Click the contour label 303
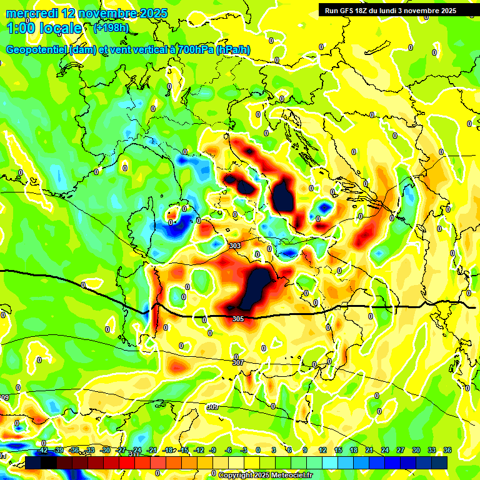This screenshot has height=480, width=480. coord(235,246)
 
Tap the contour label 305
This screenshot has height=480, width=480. coord(237,319)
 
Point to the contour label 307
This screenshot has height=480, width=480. coord(237,362)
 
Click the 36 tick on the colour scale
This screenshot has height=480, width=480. coord(447,451)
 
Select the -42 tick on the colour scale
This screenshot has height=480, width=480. coord(43,451)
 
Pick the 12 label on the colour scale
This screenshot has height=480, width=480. coord(322,451)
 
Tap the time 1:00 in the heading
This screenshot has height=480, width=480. coord(20,28)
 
